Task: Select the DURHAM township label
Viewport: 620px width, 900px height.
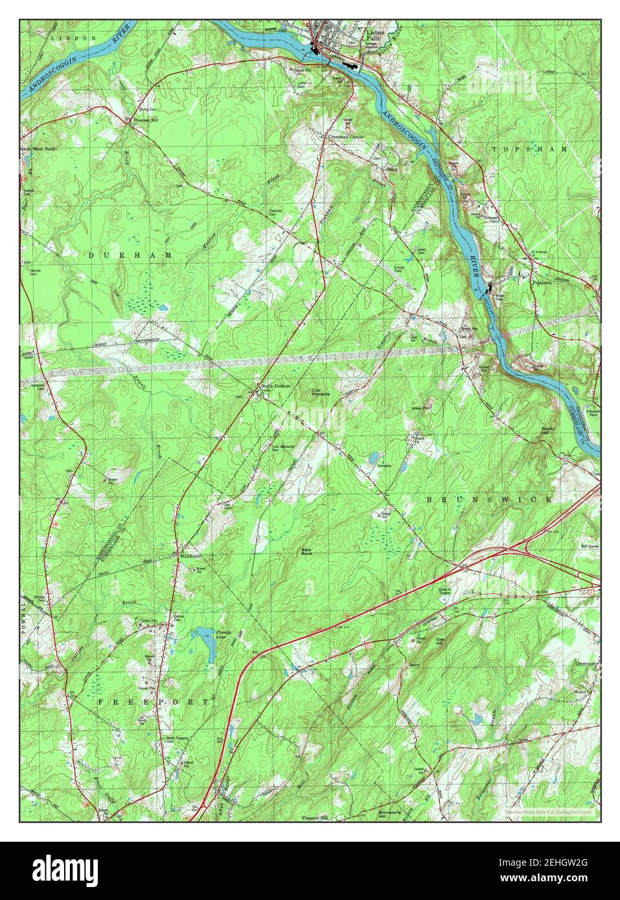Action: [x=130, y=256]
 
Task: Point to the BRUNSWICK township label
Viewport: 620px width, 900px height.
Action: [x=489, y=500]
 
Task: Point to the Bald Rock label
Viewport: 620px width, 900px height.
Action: [x=307, y=552]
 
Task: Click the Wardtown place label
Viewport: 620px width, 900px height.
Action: [x=187, y=556]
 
